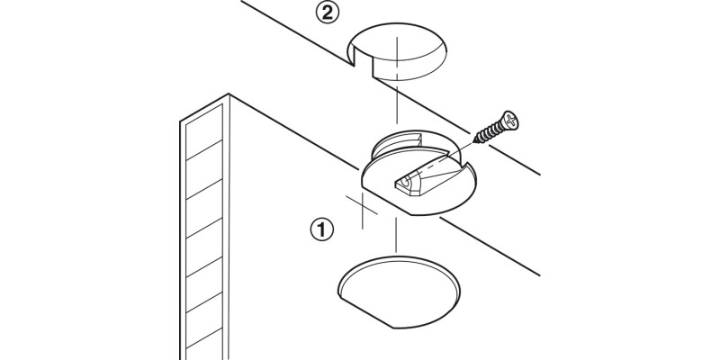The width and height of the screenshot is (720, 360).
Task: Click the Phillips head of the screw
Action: [510, 119]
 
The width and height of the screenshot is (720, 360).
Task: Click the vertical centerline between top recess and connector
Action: [396, 103]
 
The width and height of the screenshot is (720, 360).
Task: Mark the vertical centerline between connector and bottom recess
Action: [396, 238]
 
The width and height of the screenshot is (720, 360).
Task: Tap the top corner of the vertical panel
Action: [230, 94]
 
